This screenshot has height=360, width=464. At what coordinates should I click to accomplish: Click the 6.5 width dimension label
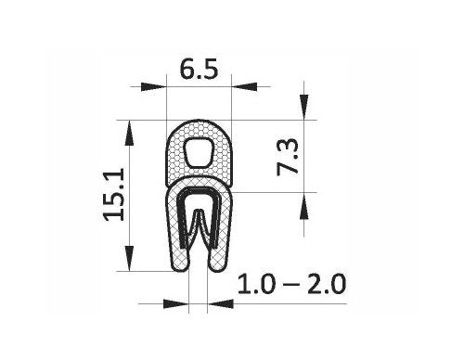point(199,70)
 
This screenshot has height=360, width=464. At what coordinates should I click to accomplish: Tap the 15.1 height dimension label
point(114,195)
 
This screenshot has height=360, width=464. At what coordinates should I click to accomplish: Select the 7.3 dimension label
point(288,157)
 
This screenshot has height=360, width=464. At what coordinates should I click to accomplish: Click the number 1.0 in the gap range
point(256,284)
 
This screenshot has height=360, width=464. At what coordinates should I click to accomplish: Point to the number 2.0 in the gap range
point(327,284)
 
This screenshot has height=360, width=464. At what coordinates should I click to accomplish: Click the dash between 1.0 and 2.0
point(291,284)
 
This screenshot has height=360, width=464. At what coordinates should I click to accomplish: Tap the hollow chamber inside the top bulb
point(200,152)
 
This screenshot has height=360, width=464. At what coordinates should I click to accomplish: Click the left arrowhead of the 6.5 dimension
point(153,87)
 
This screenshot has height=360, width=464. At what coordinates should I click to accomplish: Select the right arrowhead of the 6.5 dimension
point(244,87)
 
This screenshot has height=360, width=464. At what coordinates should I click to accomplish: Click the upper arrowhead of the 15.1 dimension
point(129,133)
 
